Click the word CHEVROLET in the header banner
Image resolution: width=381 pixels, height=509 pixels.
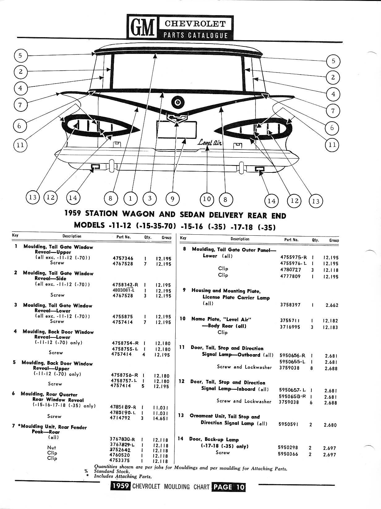195,24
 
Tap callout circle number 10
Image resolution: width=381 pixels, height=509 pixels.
207,199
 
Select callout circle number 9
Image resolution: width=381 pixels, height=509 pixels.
173,199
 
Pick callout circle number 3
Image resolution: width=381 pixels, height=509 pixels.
150,198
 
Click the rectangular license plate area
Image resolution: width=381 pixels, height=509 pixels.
177,130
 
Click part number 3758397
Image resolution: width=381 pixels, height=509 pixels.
290,305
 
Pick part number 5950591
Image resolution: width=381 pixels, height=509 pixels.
288,424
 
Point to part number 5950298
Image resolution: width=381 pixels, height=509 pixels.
288,448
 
